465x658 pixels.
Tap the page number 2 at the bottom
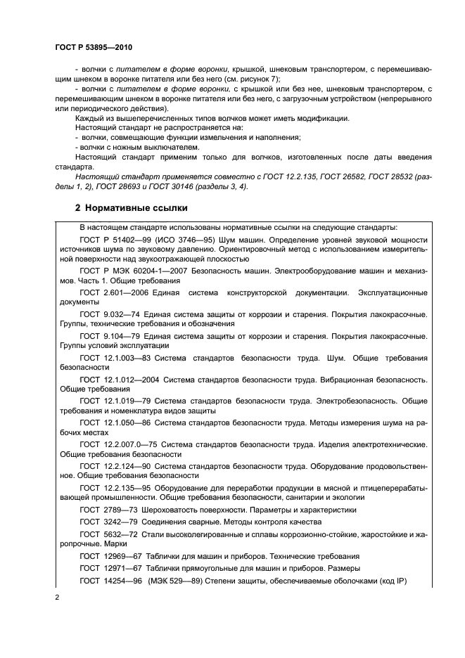(58, 598)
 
